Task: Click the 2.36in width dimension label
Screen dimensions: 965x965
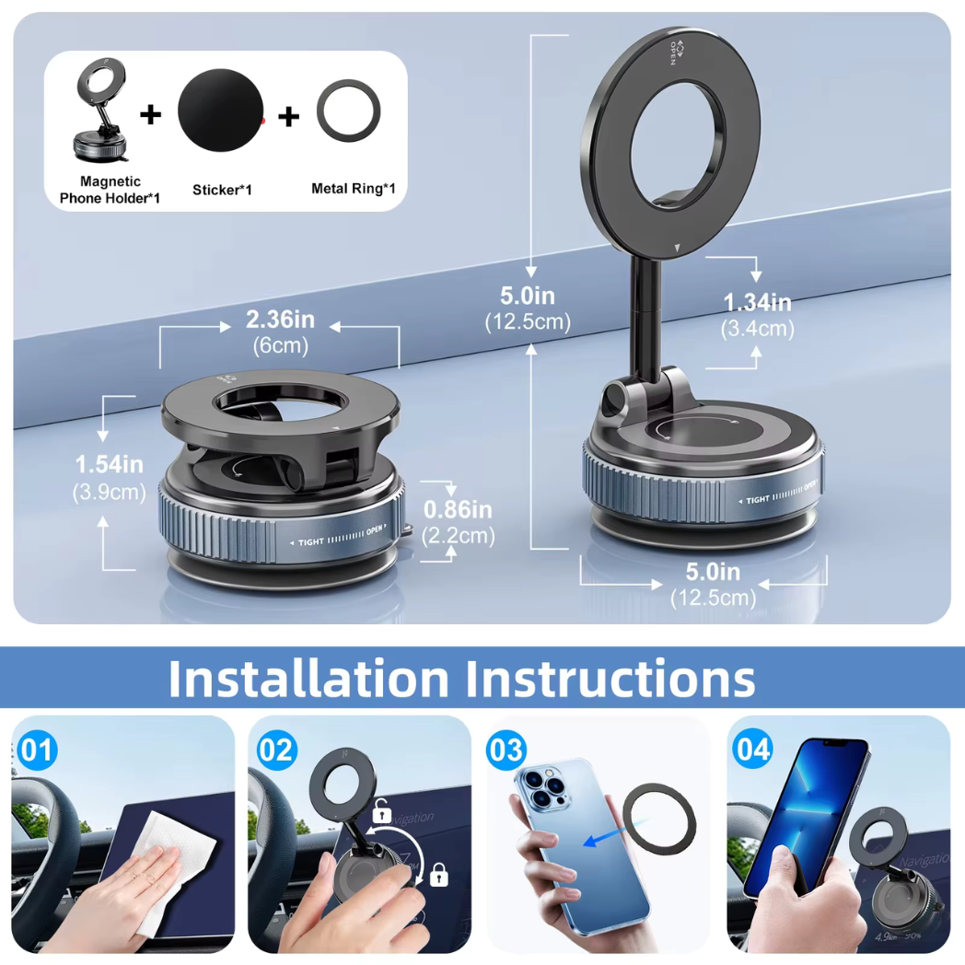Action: (x=281, y=320)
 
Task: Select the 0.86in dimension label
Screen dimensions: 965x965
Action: (x=458, y=509)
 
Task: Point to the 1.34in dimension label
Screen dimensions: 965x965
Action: (x=758, y=302)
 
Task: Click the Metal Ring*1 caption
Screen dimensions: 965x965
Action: (x=354, y=189)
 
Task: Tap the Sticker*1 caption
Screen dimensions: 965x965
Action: (x=222, y=190)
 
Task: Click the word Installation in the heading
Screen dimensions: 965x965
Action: (x=308, y=679)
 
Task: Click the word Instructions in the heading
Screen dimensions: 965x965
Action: (x=610, y=679)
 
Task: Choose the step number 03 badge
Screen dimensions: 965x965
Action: (x=506, y=750)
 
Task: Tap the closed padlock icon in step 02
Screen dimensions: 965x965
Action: (x=438, y=876)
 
